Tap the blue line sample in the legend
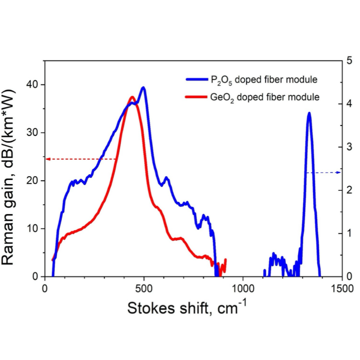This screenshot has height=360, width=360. click(193, 79)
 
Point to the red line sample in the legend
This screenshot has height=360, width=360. click(193, 96)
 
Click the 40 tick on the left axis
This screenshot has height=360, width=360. click(36, 84)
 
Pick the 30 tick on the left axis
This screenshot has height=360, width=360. click(36, 132)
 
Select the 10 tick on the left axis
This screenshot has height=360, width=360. click(36, 228)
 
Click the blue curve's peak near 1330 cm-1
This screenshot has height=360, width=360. click(309, 113)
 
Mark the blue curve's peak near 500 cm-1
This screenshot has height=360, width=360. click(143, 87)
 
